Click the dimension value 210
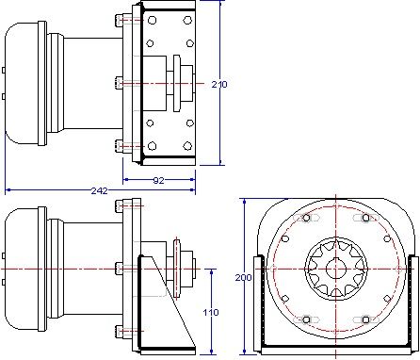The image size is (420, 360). coord(219,84)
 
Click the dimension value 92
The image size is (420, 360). coord(158,180)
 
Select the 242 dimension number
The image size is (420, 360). coord(99,190)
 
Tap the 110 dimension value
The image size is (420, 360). coord(211,312)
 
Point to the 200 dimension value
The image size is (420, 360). coord(244,278)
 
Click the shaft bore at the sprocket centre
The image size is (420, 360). coord(335,270)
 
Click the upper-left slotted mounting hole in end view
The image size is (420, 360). coord(306,218)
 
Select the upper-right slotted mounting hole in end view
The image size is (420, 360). coord(365,218)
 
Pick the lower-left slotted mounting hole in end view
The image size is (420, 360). coord(306,319)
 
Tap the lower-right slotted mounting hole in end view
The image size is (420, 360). coord(365,319)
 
